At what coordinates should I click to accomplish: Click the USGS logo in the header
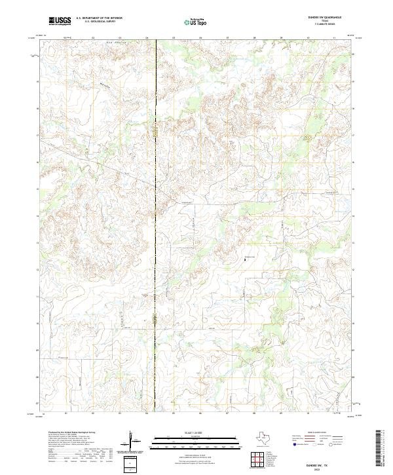60,22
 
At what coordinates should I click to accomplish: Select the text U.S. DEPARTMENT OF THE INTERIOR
100,19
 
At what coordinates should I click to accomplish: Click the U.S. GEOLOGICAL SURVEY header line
100,23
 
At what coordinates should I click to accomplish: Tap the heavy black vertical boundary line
155,197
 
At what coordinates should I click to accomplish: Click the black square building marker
245,260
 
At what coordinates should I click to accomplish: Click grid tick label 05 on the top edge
174,38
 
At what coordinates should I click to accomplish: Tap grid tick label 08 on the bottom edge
254,414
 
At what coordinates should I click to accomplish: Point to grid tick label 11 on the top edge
334,38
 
